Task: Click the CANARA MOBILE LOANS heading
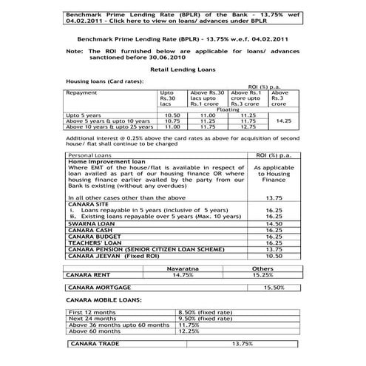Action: point(101,302)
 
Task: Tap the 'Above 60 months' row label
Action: point(92,332)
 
